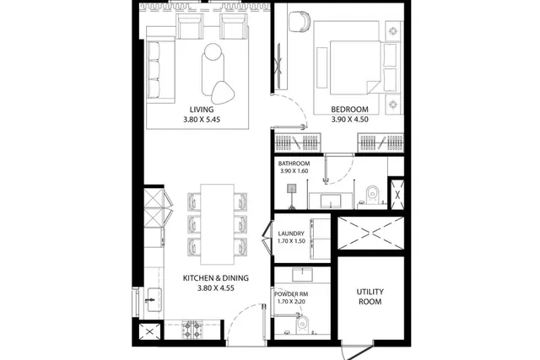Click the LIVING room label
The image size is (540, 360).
[x=202, y=110]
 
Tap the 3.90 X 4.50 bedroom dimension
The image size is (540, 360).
[x=349, y=120]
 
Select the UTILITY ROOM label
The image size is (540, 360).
[x=370, y=297]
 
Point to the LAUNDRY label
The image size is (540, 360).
[x=291, y=234]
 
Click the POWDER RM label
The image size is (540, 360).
[x=291, y=294]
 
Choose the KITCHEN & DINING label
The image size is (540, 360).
[x=216, y=278]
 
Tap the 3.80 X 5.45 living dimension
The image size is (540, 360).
[x=202, y=120]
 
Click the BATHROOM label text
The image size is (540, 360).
[x=294, y=164]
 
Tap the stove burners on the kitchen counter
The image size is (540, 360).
[x=192, y=330]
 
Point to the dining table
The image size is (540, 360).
[x=218, y=224]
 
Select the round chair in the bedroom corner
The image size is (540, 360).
[x=299, y=22]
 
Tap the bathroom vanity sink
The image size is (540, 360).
[x=331, y=201]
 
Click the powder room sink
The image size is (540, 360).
[x=302, y=275]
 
